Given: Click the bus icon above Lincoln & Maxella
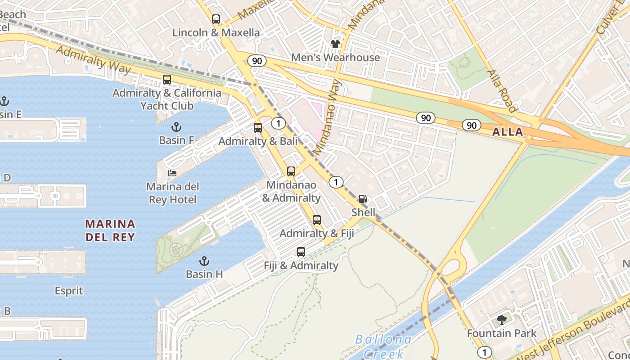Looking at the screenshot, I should coord(216,19).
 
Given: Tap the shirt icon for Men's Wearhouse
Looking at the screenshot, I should coord(335,44).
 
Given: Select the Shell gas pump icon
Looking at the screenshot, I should coord(363,199).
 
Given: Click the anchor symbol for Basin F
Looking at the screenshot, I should coord(176,127).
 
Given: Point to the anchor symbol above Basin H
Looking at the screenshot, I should coord(204,261).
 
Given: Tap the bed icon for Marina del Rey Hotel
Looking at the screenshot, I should coord(172,173).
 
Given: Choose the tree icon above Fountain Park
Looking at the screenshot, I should coord(502,320).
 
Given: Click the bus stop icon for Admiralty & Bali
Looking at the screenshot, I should coord(258,128).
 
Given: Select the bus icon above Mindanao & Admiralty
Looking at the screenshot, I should coord(291,171).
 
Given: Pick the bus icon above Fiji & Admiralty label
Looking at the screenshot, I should coord(301,252).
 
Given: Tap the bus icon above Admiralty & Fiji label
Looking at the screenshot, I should coord(317,220).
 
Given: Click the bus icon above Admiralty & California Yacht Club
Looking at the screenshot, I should coord(167,80).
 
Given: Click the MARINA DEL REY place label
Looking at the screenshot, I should coord(110,230).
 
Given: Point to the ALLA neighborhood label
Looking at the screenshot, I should coord(508,132).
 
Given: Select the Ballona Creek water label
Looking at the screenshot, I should coord(383,346).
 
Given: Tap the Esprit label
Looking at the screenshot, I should coord(69,291).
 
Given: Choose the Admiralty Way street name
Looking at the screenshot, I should coord(94,59).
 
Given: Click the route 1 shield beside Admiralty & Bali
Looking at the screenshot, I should coord(279,123).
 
